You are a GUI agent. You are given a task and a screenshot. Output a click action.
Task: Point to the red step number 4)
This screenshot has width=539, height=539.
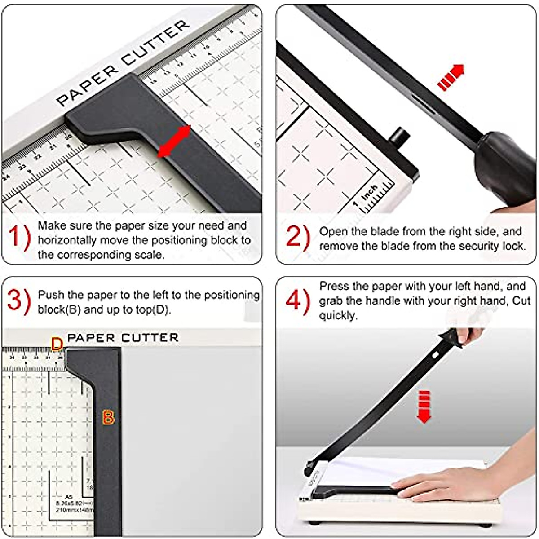pos(297,299)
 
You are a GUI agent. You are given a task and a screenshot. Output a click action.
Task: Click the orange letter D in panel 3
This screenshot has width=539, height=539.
pos(57,345)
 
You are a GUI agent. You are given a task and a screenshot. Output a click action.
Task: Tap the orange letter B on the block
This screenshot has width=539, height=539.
pos(108,418)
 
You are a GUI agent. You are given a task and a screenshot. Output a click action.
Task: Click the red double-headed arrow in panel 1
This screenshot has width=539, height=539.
pos(175,141)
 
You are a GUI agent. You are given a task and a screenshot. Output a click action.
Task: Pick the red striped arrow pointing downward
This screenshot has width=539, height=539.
pos(424,406)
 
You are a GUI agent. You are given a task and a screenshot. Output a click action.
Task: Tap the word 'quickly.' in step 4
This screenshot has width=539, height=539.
pos(338,315)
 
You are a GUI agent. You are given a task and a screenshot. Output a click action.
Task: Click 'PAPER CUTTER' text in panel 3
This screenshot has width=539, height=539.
pos(123,338)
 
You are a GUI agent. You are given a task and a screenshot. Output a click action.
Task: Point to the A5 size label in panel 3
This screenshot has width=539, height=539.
pos(68,496)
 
